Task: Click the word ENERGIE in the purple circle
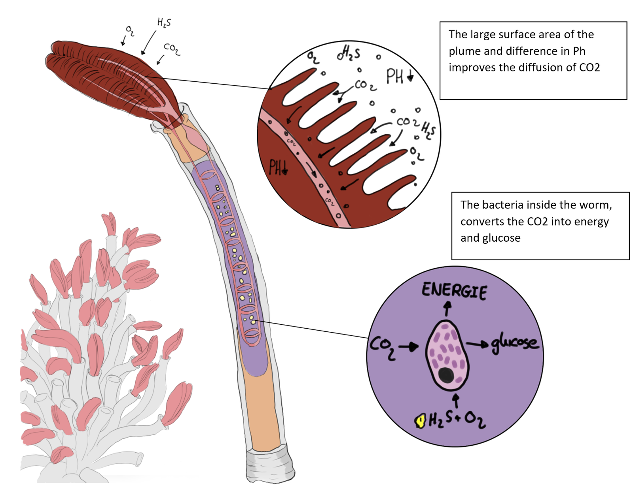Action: (454, 291)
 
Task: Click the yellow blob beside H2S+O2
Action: (420, 421)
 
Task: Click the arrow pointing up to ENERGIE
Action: (447, 309)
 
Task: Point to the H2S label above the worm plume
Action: (164, 23)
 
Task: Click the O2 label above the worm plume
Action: (130, 30)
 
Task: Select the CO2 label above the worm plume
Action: (172, 49)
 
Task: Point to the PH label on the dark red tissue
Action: (278, 167)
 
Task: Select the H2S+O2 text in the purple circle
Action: (457, 420)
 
